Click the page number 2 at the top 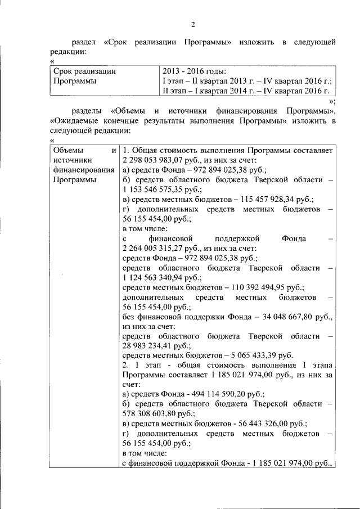(x=192, y=24)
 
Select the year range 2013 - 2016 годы (x=194, y=71)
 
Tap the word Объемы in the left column (x=67, y=150)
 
